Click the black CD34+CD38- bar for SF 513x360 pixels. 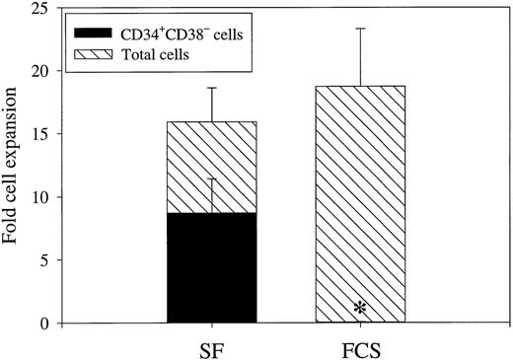point(211,267)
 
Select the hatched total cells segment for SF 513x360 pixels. point(211,167)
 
